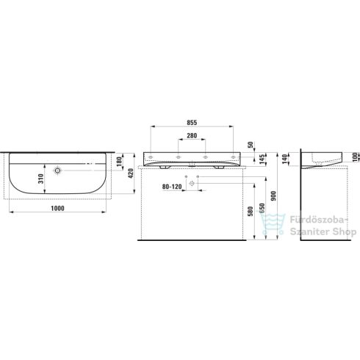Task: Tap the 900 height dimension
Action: click(273, 197)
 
